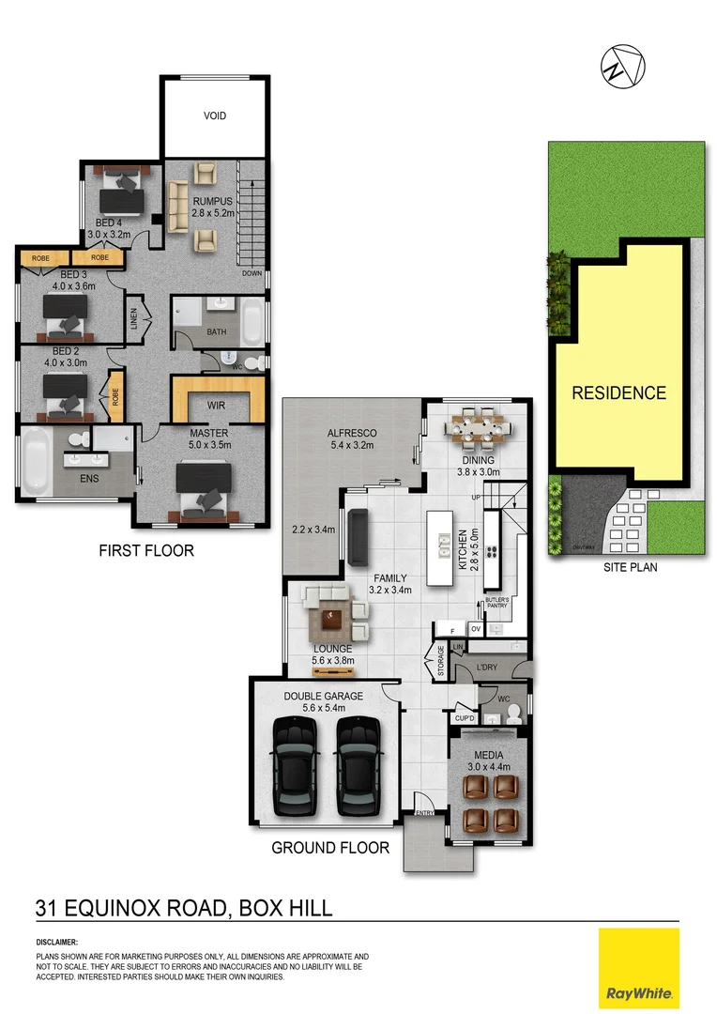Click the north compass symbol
point(623,65)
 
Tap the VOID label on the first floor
point(215,115)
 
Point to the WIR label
point(215,406)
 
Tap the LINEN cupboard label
point(133,320)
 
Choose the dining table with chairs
point(477,428)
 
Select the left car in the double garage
point(295,768)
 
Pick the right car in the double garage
point(357,768)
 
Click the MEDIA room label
point(488,755)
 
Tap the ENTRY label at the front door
point(424,813)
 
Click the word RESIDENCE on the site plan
point(618,393)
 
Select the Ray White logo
point(638,968)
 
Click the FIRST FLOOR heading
point(146,550)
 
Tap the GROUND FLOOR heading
point(330,848)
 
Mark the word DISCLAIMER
point(57,942)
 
